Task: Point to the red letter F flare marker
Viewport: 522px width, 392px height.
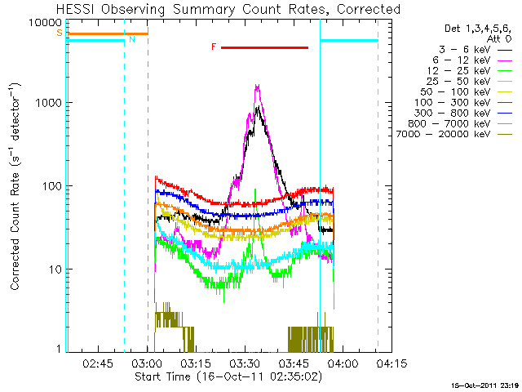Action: (214, 47)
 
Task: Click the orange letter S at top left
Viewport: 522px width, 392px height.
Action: (59, 33)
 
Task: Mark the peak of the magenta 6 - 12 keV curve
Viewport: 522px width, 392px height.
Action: (258, 85)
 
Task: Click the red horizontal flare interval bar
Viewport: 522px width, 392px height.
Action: (264, 47)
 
